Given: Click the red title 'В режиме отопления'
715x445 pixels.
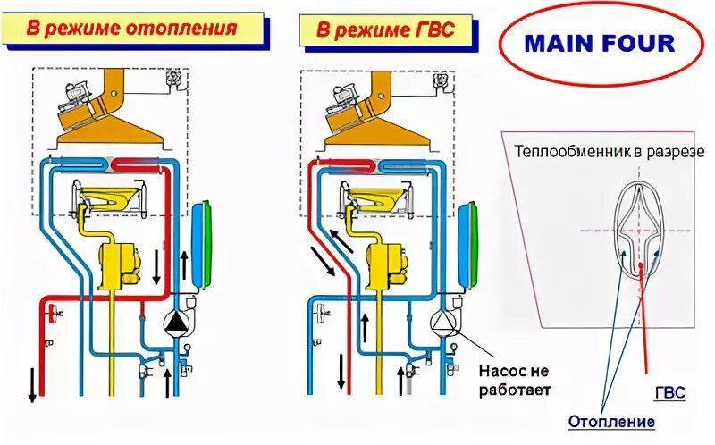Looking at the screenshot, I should pyautogui.click(x=131, y=28).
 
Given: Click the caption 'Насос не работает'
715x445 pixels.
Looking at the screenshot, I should pyautogui.click(x=513, y=380).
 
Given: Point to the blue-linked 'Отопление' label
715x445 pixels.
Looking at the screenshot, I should pyautogui.click(x=611, y=421).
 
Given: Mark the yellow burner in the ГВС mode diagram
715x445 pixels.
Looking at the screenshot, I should pyautogui.click(x=375, y=197).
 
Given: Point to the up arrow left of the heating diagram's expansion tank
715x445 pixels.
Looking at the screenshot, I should pyautogui.click(x=185, y=264).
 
